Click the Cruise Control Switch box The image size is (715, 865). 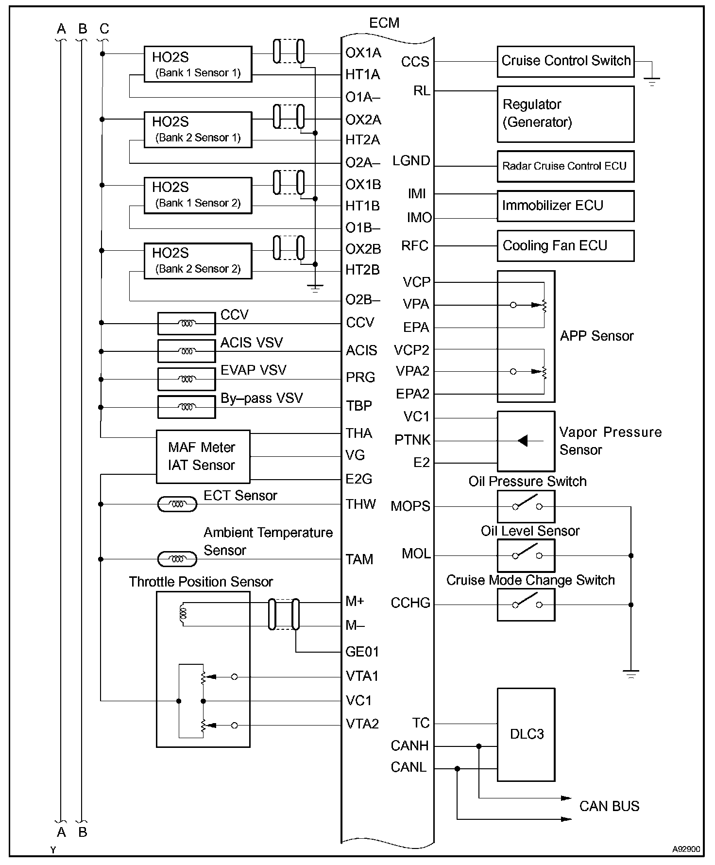[565, 61]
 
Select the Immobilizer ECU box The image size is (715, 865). [565, 206]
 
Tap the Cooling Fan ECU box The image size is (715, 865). [565, 246]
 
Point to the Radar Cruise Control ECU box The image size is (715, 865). [565, 166]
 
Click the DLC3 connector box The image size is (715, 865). [526, 734]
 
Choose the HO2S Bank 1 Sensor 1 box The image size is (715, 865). [198, 64]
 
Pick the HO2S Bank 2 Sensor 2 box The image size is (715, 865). [198, 261]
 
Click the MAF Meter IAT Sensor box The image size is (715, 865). [203, 456]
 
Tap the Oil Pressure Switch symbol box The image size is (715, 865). [526, 506]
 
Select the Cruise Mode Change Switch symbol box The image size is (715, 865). [526, 605]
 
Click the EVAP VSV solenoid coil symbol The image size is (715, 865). [187, 379]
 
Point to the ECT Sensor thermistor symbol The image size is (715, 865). [177, 504]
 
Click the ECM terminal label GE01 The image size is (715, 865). [362, 652]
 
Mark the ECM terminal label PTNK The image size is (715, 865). [412, 440]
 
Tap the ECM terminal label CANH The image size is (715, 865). [409, 745]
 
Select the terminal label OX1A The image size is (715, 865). [363, 52]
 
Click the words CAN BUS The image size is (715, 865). [609, 806]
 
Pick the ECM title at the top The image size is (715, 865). [384, 23]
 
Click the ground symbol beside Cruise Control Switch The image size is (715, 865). [652, 81]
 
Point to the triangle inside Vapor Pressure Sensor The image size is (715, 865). [523, 441]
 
